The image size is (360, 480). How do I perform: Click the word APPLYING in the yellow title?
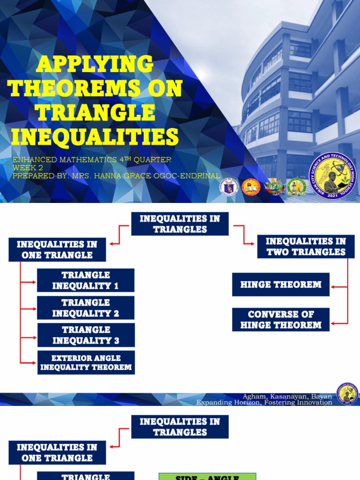(x=94, y=64)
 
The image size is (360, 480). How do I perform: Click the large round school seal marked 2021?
(x=333, y=176)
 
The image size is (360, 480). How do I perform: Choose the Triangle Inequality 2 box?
(x=86, y=308)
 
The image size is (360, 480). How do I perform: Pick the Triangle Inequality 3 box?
(x=86, y=335)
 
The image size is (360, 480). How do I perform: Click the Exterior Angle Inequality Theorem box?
(x=86, y=362)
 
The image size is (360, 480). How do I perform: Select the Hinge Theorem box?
(x=280, y=285)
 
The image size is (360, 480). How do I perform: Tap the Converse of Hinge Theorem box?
(x=280, y=320)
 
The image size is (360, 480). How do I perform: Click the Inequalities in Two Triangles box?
(x=306, y=247)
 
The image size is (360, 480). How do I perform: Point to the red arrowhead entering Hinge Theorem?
(x=333, y=286)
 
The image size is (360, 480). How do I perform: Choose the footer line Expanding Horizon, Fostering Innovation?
(x=264, y=403)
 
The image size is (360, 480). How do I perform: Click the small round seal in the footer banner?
(x=347, y=393)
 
